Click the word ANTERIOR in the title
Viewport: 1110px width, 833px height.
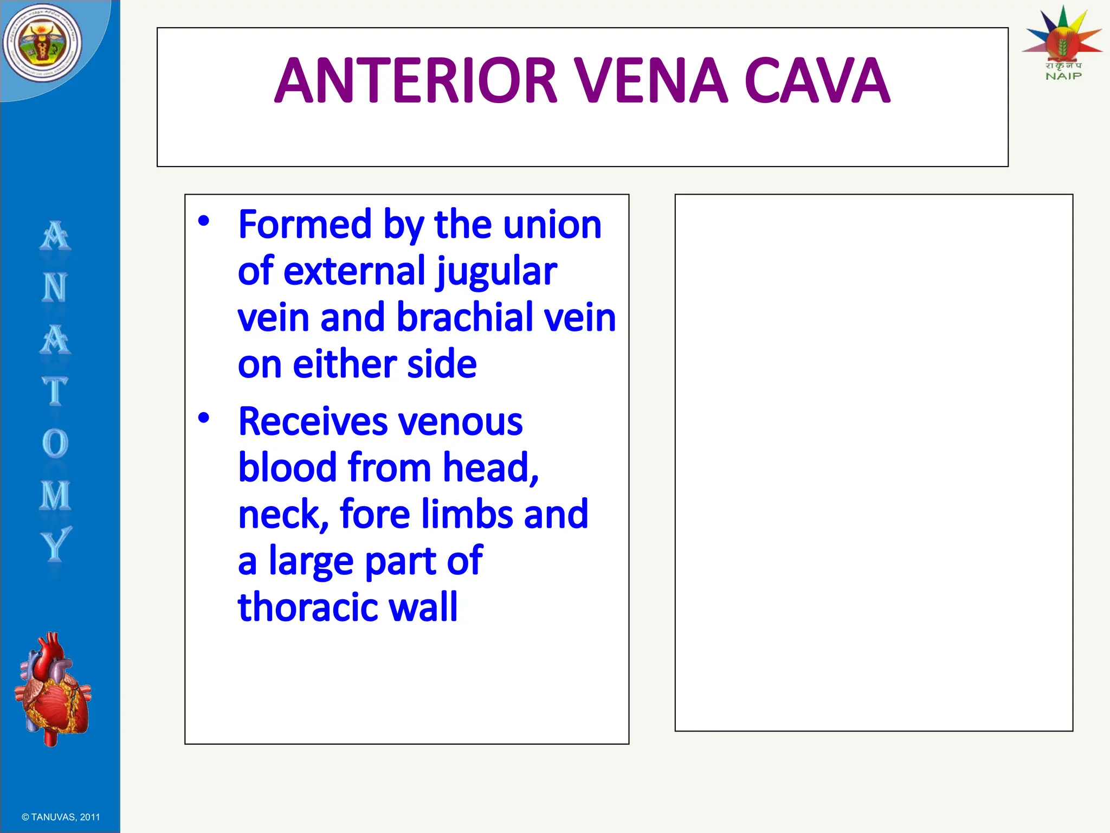416,81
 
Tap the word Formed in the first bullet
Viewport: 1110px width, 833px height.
305,225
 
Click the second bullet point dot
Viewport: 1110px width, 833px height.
203,418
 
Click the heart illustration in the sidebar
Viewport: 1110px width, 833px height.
53,689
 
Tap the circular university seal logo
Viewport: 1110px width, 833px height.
42,43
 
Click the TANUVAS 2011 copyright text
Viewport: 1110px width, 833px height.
61,817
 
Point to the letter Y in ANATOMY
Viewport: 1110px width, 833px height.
55,544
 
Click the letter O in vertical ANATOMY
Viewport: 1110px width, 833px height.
55,444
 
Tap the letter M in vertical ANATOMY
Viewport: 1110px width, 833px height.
55,495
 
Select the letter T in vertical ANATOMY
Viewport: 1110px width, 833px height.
55,392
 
